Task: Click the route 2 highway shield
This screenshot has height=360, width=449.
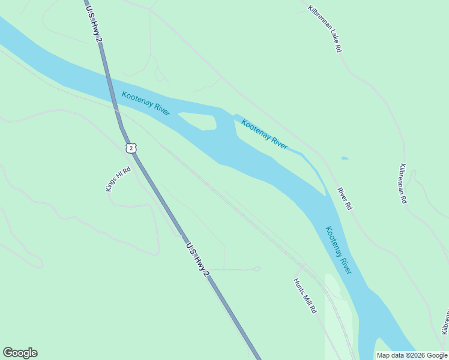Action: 131,148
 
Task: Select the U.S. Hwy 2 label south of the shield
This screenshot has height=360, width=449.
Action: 198,259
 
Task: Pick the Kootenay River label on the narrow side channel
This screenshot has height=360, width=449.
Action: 264,134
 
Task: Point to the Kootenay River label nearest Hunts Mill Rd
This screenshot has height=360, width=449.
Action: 339,250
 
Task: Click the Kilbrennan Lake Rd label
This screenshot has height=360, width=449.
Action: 325,29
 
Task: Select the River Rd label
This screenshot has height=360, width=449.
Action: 344,198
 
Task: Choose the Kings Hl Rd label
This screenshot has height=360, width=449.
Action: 118,179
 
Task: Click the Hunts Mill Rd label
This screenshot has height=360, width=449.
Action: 305,296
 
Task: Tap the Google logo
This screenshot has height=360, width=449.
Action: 20,353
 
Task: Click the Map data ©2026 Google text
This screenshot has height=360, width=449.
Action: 412,355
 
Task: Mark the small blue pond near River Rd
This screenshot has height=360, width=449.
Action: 344,158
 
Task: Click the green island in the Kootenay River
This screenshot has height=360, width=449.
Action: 198,121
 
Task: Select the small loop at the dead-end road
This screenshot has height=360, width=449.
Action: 256,269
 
